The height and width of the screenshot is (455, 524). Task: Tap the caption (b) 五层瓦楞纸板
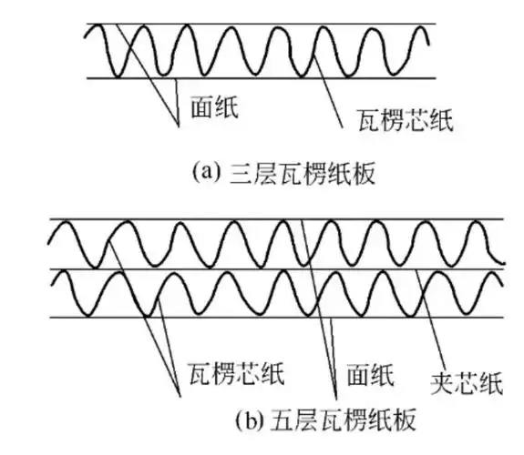pos(328,421)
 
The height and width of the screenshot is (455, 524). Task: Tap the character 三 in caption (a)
pos(233,172)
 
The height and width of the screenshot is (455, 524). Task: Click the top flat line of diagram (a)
pos(273,24)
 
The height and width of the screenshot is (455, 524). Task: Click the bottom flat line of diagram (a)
pos(273,79)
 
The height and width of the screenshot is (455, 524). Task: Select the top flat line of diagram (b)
pos(273,219)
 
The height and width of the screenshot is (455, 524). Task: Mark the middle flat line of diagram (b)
pos(273,269)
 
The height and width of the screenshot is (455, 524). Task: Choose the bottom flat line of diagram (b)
pos(273,318)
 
